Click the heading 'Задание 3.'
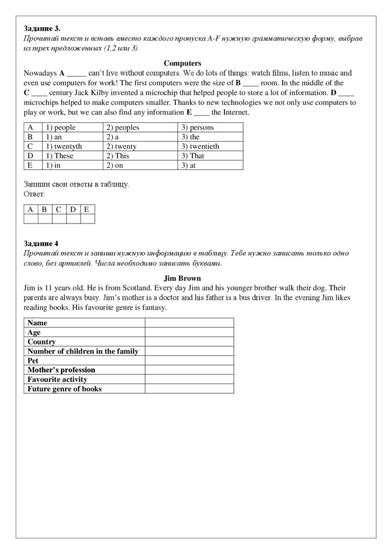tap(42, 28)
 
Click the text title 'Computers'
tap(182, 63)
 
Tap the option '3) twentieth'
tap(200, 146)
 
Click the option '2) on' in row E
tap(115, 165)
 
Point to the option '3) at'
tap(188, 165)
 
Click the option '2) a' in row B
tap(112, 137)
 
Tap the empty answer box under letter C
tap(59, 219)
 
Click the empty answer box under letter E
tap(87, 219)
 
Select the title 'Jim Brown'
tap(182, 279)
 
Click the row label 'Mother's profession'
tap(61, 370)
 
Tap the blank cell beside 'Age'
tap(189, 332)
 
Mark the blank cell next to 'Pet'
tap(189, 360)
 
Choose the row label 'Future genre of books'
tap(64, 388)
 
